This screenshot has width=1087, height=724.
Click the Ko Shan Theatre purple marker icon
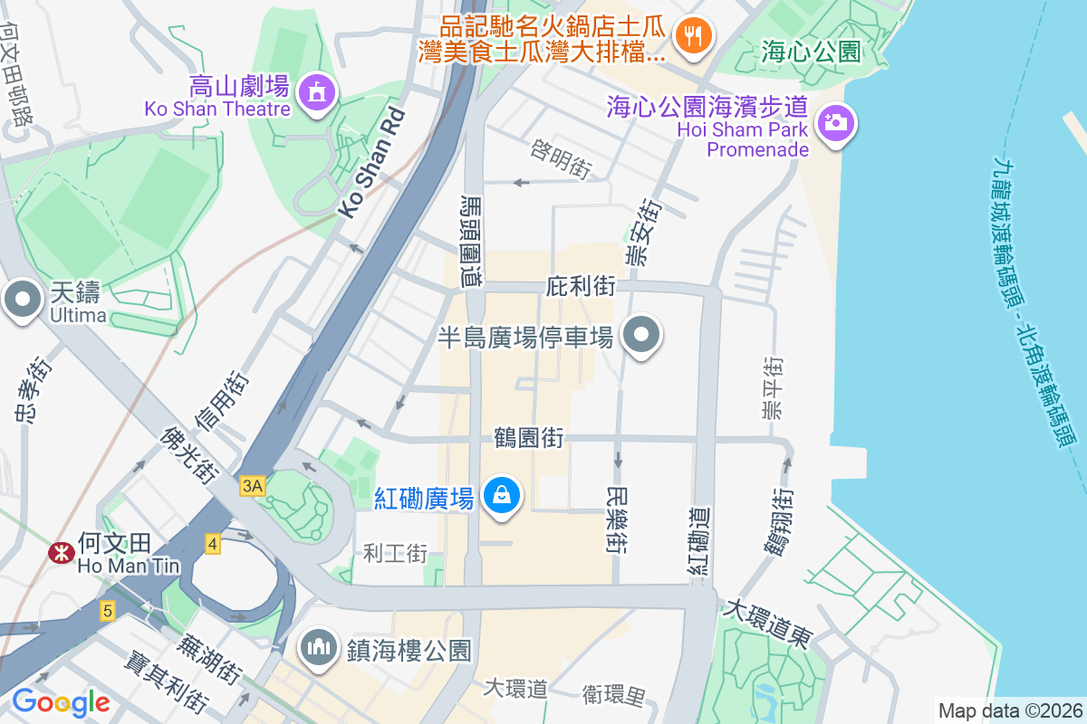point(316,92)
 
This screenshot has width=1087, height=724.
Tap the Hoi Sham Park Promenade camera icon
point(836,124)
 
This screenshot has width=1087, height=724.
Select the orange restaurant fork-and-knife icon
point(695,36)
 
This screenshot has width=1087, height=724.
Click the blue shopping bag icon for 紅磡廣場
point(501,495)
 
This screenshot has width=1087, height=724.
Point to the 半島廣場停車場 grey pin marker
point(642,336)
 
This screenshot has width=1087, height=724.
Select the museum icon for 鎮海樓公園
point(318,649)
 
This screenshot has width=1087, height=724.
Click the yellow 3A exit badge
point(253,486)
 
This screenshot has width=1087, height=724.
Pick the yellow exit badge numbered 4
point(212,544)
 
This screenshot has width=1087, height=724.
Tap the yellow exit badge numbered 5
point(108,612)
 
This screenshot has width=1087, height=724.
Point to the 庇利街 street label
point(581,287)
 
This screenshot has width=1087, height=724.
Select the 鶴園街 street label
point(529,439)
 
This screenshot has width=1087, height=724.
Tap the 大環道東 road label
point(766,624)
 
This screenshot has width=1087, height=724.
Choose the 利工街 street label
point(395,553)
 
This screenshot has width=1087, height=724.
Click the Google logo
point(61,701)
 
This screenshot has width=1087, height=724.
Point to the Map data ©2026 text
point(1009,710)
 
